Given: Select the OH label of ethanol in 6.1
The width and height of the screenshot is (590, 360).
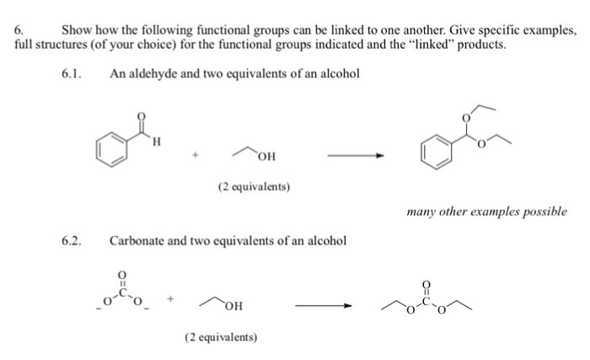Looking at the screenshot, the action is tap(266, 157).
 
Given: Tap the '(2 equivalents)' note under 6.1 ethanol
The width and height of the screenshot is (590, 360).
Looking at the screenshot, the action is tap(254, 186).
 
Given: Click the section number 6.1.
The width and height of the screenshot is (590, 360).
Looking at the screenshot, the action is tap(72, 73).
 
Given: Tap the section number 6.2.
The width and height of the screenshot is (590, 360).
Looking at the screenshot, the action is tap(72, 241).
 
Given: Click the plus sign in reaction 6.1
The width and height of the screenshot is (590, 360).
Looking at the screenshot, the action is tap(196, 156).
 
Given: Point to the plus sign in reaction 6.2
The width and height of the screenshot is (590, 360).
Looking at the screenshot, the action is tap(174, 298).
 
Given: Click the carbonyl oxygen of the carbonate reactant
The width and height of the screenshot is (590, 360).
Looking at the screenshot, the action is tap(124, 275).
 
